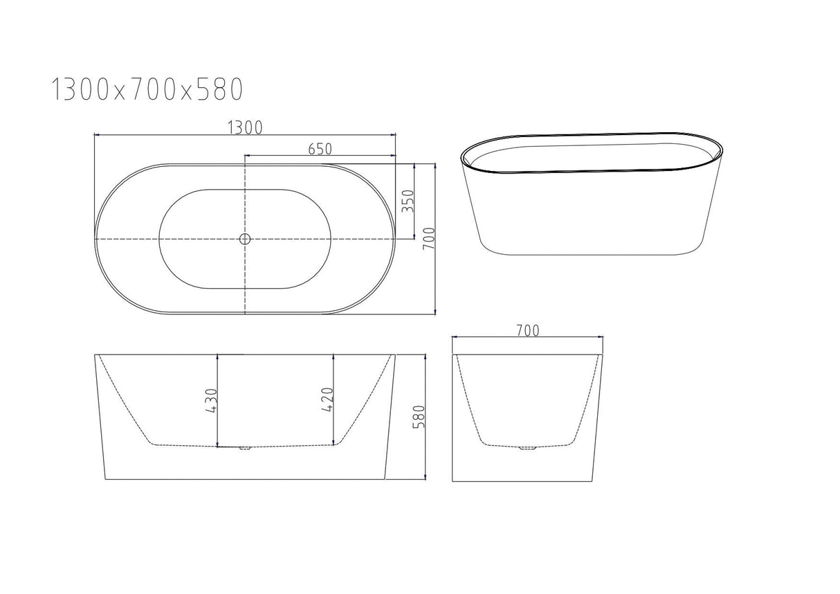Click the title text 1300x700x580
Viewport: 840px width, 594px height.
tap(147, 89)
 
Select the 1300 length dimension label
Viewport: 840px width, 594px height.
tap(244, 127)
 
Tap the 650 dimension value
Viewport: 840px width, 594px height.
tap(320, 148)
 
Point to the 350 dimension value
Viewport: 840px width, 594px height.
tap(408, 201)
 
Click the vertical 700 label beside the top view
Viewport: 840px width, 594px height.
tap(428, 239)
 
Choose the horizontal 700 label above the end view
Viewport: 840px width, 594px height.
tap(527, 330)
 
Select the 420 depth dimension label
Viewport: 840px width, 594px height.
tap(328, 399)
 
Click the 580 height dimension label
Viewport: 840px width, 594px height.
tap(419, 417)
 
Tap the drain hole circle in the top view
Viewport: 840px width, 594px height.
tap(244, 239)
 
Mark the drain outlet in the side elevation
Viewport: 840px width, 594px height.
tap(244, 449)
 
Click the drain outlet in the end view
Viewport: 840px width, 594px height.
tap(528, 449)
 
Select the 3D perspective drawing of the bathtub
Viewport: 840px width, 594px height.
tap(592, 192)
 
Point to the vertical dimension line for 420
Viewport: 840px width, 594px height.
tap(335, 400)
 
